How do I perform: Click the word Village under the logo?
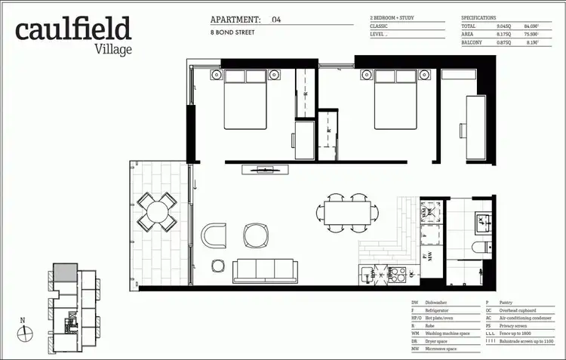113,49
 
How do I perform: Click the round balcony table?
158,211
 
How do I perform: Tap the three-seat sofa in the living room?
264,269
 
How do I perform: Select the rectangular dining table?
348,213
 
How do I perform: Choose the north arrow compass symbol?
23,328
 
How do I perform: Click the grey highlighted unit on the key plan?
64,272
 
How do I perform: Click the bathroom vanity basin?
481,222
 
